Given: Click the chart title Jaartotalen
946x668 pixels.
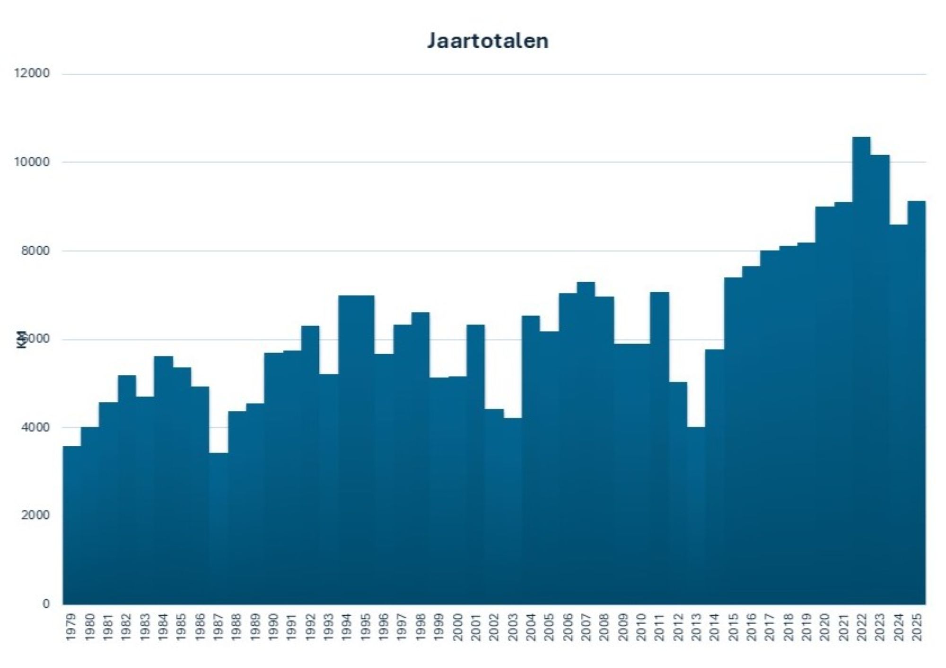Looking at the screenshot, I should [x=488, y=41].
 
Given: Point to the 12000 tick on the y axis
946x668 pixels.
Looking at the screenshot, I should [x=33, y=74].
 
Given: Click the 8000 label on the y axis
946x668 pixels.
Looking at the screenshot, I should [x=35, y=251].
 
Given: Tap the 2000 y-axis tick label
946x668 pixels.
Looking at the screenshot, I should [x=35, y=515].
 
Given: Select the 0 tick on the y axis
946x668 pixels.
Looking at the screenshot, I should [x=46, y=604].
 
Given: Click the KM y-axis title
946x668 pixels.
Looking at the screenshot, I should [x=21, y=339].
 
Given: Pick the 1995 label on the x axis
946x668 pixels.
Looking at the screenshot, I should [x=366, y=627].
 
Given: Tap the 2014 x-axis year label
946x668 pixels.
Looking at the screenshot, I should [x=715, y=627].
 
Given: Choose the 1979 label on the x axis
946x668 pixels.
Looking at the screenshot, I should [x=71, y=627].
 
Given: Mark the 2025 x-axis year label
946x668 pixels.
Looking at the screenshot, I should [x=917, y=627].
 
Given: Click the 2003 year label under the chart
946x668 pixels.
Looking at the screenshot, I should [x=513, y=627].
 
